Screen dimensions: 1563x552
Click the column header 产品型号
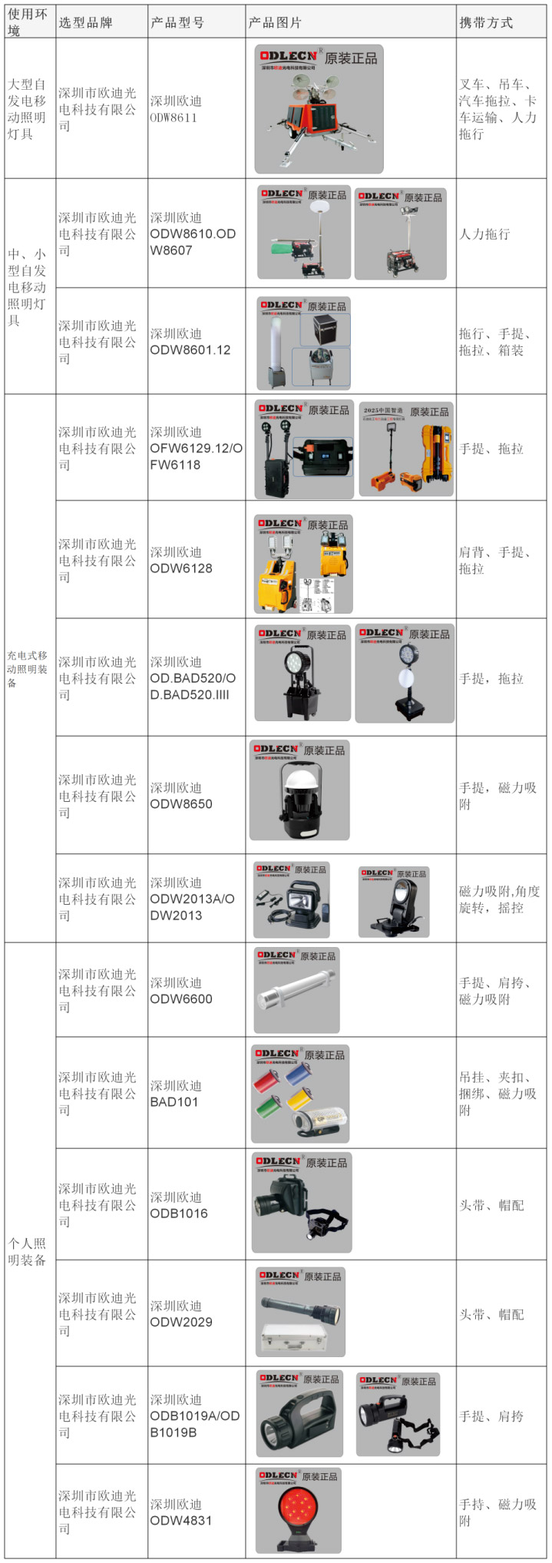point(177,22)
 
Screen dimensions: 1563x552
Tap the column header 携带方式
point(486,22)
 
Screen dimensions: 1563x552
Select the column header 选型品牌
point(86,22)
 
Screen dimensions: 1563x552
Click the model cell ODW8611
point(176,109)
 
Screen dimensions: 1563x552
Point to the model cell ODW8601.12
point(190,342)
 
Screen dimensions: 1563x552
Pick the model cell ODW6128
point(181,560)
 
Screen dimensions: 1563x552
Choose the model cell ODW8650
point(181,796)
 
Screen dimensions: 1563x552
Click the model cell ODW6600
point(181,991)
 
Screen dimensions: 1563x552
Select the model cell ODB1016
point(179,1205)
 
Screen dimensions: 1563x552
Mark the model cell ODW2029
point(181,1313)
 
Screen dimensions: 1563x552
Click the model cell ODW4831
point(181,1512)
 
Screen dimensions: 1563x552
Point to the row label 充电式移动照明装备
point(28,668)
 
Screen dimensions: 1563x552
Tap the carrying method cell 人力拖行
point(484,234)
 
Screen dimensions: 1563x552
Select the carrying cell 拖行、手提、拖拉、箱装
point(495,342)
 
